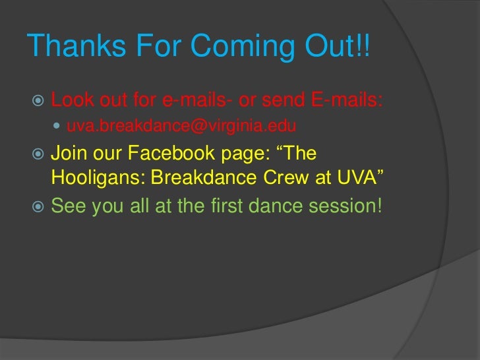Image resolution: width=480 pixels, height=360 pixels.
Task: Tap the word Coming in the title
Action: coord(243,45)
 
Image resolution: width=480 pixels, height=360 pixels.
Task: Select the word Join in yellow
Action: coord(67,153)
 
